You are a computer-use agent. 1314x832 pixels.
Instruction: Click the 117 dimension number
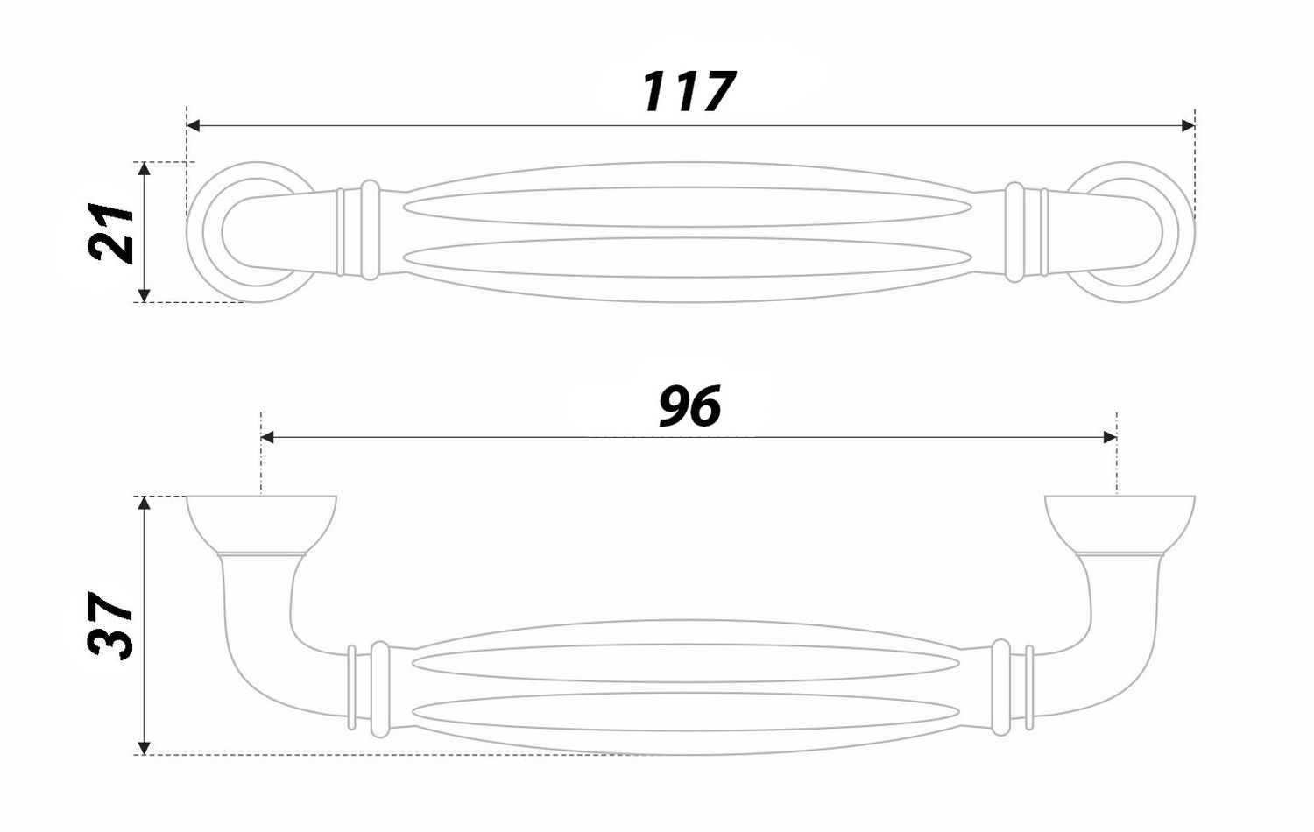coord(687,91)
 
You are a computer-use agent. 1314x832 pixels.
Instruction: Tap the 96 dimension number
coord(689,405)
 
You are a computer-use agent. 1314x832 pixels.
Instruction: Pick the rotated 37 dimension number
coord(109,625)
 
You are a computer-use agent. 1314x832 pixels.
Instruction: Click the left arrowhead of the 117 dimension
coord(194,125)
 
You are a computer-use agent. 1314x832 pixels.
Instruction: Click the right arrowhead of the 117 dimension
coord(1188,125)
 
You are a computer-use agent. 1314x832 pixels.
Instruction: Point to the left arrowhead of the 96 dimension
coord(267,437)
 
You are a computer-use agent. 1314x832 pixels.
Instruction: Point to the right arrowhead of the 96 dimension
coord(1110,437)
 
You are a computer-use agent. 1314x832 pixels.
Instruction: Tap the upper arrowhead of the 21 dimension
coord(145,168)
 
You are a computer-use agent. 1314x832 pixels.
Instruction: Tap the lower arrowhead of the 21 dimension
coord(145,295)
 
